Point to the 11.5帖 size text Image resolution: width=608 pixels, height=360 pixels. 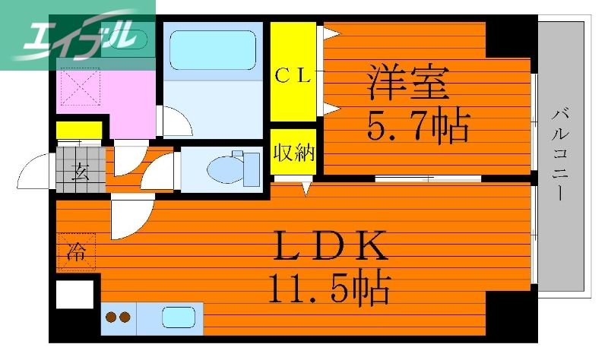point(328,289)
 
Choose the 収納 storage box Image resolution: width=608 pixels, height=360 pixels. point(293,153)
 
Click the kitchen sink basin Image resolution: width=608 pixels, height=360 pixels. point(179,317)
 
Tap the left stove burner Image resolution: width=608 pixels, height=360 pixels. point(110,318)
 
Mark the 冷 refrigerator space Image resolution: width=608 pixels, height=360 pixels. point(76,251)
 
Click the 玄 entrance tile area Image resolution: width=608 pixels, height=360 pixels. point(78,168)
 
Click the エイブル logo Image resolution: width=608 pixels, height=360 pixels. point(76,34)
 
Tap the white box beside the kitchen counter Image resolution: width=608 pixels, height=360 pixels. point(76,294)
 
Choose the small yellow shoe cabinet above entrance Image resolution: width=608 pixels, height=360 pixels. point(78,130)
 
